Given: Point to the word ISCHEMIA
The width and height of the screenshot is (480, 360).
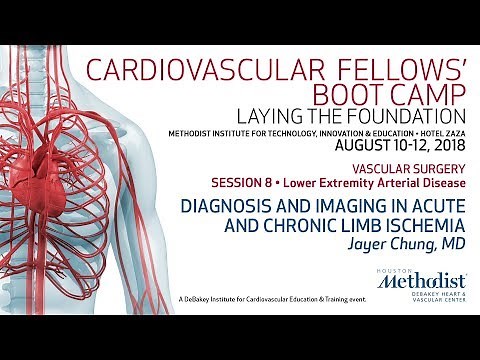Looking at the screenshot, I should [419, 225].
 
